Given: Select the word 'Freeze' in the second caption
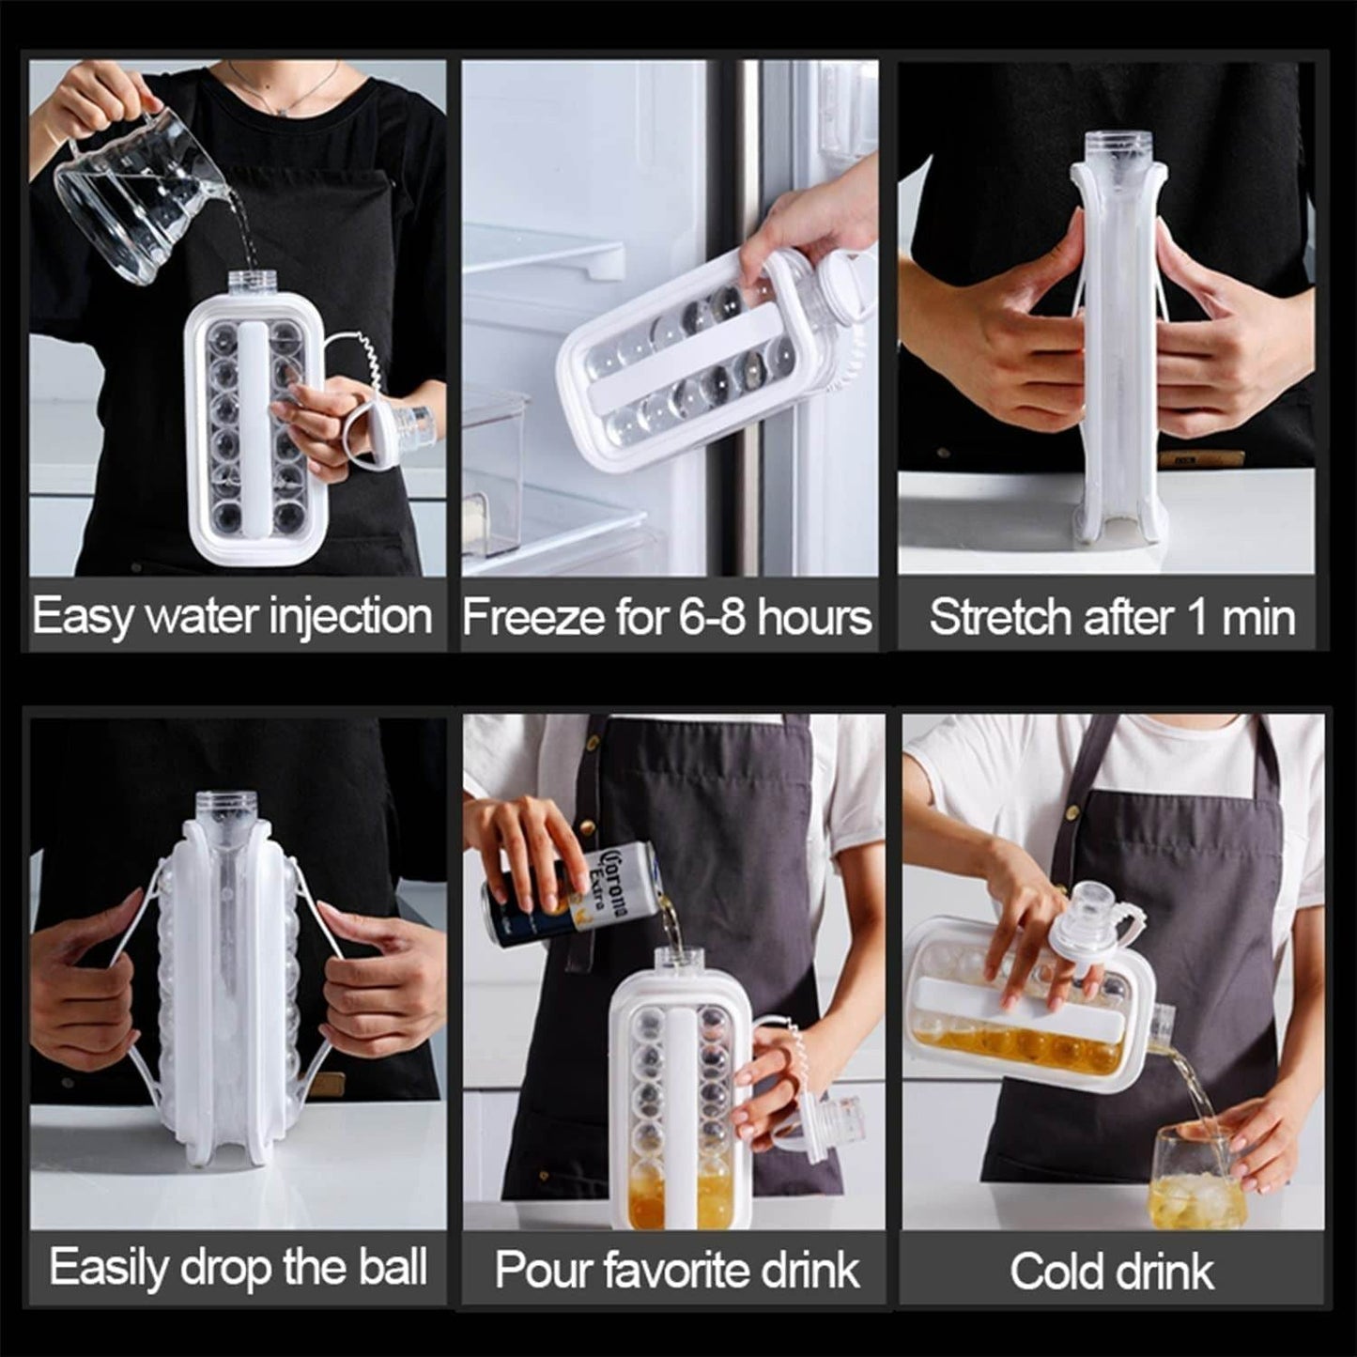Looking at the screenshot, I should pyautogui.click(x=532, y=618).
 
